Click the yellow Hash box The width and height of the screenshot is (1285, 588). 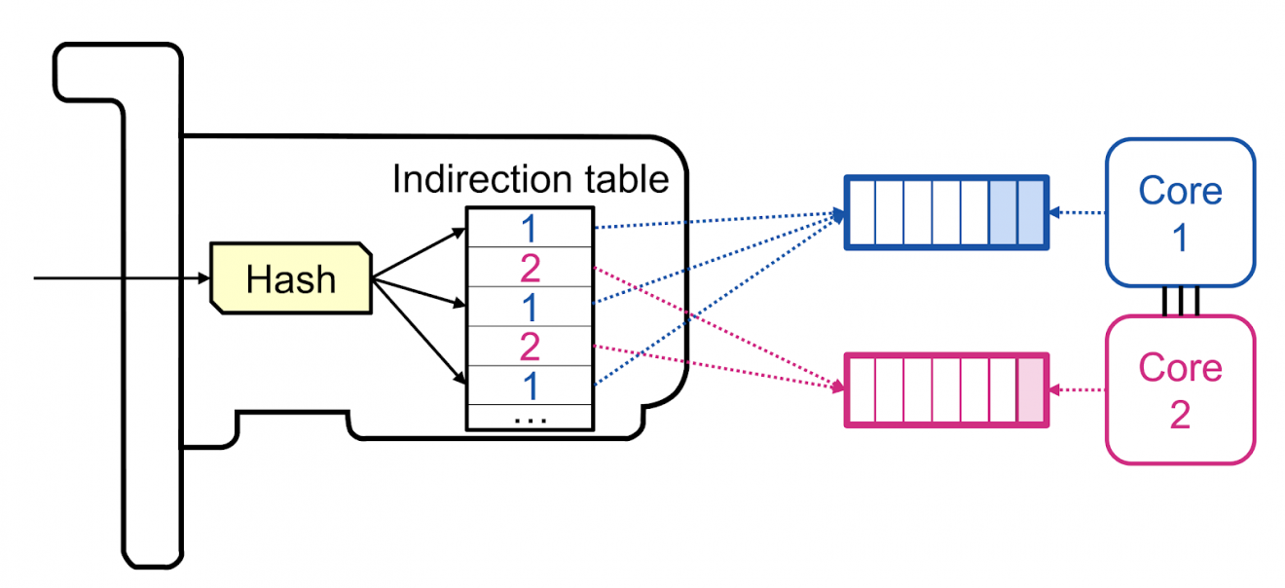(290, 279)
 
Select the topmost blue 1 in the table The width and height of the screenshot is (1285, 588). (529, 229)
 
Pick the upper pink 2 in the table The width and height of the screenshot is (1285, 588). (529, 268)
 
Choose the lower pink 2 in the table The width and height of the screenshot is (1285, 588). (529, 347)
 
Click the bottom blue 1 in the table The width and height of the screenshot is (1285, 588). (529, 386)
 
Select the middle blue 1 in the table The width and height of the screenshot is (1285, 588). (529, 308)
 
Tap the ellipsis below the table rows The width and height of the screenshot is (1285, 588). (529, 419)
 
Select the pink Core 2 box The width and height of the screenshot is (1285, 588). (1180, 389)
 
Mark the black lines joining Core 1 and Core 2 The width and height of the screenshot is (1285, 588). (1180, 302)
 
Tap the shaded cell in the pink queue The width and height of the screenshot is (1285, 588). (1030, 389)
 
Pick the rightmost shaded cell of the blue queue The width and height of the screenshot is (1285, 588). (1031, 212)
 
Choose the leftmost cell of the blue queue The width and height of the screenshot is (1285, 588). (861, 212)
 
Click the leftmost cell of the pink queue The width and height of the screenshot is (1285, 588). (861, 389)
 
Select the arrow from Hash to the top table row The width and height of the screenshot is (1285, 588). (419, 255)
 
